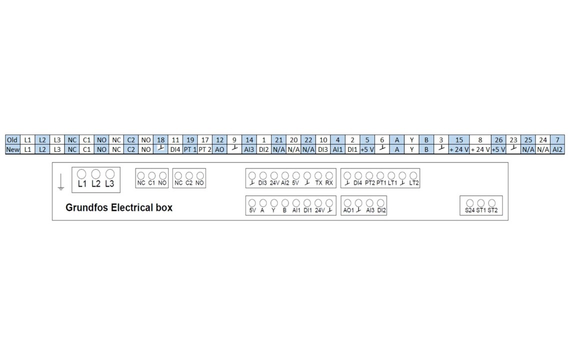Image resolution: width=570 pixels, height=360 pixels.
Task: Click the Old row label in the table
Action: point(12,140)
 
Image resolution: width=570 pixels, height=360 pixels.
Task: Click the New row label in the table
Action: point(12,149)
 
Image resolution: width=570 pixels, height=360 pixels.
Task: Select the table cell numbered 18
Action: point(160,140)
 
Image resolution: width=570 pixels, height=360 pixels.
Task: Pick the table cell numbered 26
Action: point(498,140)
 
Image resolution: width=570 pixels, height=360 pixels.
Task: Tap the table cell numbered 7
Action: point(557,140)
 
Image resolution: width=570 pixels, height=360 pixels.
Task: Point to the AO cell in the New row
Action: point(219,149)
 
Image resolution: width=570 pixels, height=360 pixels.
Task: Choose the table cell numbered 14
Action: point(249,140)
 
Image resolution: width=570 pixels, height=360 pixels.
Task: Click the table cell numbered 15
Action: point(459,140)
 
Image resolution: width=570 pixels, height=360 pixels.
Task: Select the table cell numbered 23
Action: point(513,140)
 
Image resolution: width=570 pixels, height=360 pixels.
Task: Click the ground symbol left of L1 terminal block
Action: point(60,182)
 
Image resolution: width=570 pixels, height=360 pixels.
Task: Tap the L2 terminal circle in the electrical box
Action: point(95,174)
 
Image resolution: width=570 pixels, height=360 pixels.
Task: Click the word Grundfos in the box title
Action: point(87,207)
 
